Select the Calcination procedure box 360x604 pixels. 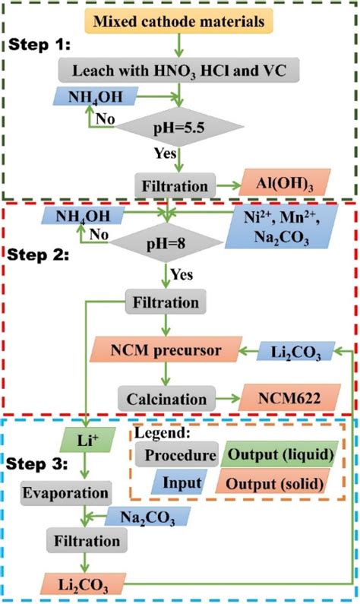[x=163, y=398]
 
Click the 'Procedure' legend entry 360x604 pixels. [x=176, y=454]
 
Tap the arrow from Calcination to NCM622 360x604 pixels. [x=219, y=398]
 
